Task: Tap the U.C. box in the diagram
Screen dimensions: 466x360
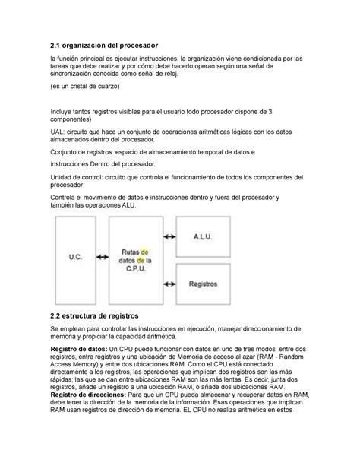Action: [74, 258]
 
